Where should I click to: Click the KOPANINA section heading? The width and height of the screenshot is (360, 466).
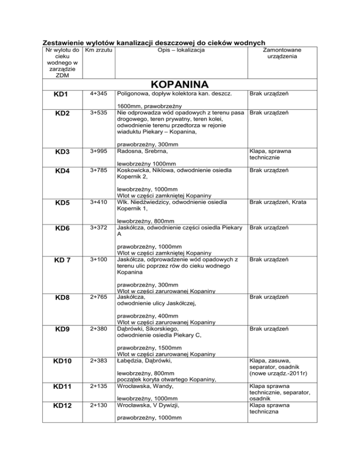pos(180,84)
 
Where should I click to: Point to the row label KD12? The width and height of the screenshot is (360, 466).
pos(62,406)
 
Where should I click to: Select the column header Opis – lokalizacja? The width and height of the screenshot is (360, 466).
pos(180,49)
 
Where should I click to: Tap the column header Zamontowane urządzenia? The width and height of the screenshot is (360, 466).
pos(282,53)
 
